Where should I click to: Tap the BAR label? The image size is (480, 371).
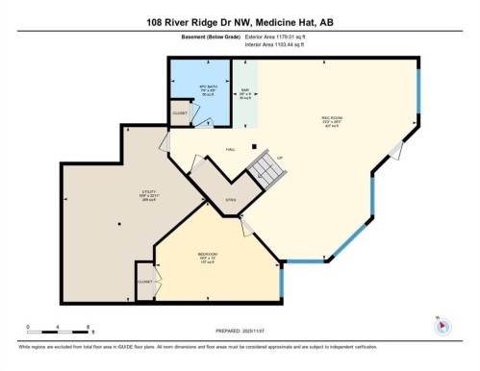coord(245,92)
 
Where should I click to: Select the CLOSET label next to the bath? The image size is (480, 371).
coord(179,113)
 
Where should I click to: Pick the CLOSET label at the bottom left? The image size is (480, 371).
coord(144,282)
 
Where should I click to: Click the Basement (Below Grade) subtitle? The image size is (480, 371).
coord(198,39)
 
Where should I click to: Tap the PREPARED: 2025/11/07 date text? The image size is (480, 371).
coord(240,328)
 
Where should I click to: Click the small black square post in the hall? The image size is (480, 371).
coord(254,147)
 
